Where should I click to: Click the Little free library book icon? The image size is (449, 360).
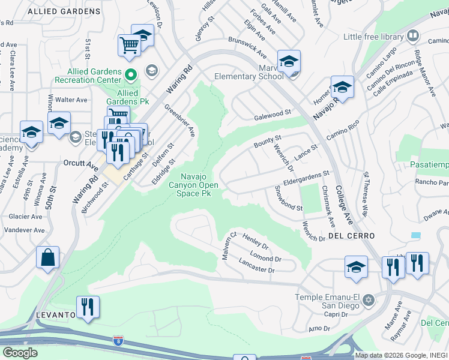coord(413,37)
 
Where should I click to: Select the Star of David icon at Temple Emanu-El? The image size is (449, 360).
coord(369,299)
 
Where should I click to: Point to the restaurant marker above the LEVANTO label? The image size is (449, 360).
coord(88,307)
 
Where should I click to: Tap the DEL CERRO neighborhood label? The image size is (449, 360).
coord(352,236)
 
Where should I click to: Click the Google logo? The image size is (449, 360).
coord(20,353)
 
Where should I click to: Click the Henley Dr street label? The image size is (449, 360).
coord(255,242)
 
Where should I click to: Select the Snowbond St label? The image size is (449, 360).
coord(288,197)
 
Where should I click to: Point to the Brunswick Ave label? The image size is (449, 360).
coord(247,47)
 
